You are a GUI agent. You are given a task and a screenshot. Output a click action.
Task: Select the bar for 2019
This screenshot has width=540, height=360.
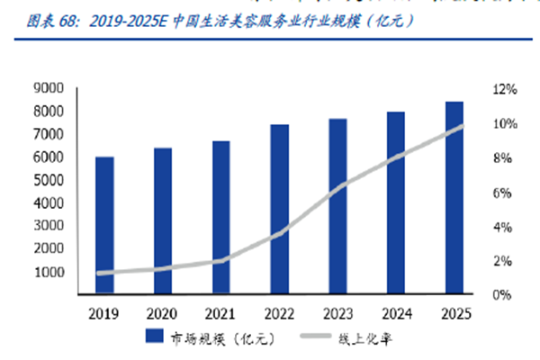104,225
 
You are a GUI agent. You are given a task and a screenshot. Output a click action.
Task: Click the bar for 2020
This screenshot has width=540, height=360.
163,220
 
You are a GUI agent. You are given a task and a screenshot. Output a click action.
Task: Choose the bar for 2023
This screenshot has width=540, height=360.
338,206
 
